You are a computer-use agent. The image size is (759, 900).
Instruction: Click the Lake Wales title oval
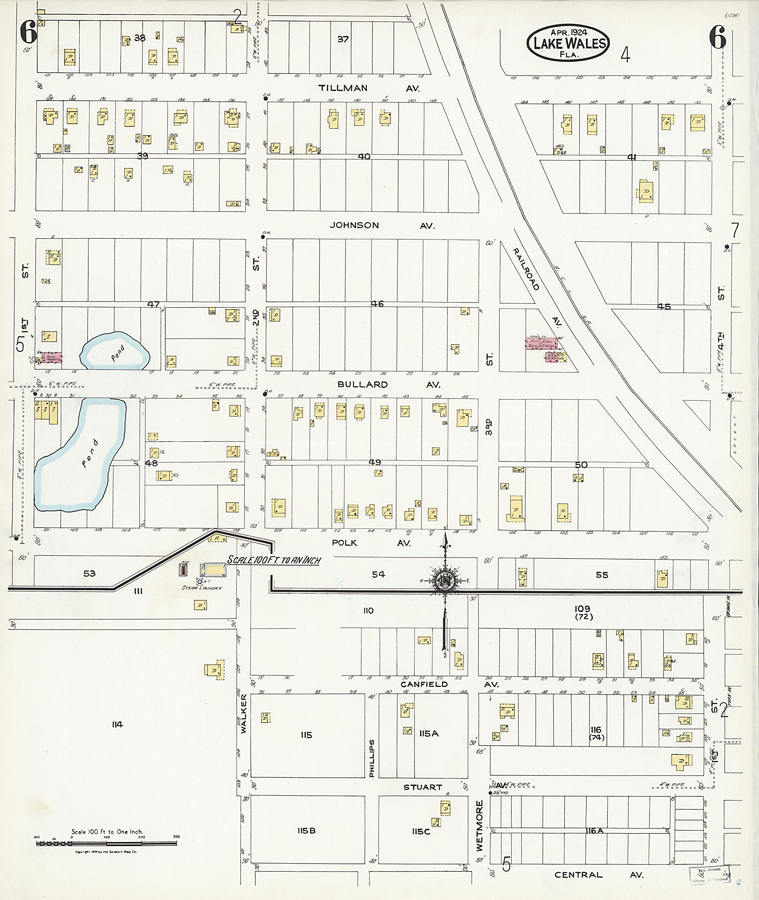click(x=568, y=43)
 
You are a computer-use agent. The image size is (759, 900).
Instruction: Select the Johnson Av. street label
click(x=382, y=225)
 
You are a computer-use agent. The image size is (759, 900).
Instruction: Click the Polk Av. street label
click(x=371, y=543)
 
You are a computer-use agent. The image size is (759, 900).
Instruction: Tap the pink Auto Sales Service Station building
click(x=541, y=343)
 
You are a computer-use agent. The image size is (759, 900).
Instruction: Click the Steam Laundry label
click(x=201, y=588)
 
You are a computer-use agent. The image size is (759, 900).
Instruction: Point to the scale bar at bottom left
click(x=107, y=843)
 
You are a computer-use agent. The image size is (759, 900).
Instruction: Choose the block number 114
click(x=117, y=724)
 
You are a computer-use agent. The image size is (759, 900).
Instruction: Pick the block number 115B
click(x=306, y=831)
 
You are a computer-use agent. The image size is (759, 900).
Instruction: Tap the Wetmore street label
click(x=479, y=826)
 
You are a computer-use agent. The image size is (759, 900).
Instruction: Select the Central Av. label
click(x=599, y=875)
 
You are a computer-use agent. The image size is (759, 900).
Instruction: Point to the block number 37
click(x=343, y=39)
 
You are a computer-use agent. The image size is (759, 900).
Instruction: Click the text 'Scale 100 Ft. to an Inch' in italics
click(x=274, y=560)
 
